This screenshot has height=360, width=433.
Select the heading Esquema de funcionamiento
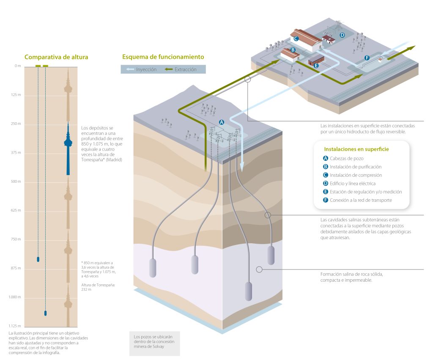coord(163,57)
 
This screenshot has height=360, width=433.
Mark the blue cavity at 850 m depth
coord(38,259)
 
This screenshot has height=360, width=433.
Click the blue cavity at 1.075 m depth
coord(46,313)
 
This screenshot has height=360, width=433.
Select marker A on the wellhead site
coord(221,121)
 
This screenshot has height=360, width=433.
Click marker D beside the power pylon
coord(342,35)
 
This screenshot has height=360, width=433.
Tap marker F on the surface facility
coord(367,57)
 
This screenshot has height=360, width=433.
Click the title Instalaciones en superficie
coord(356,149)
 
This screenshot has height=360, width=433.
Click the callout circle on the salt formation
coord(259,269)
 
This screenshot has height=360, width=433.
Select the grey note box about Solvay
coord(154,342)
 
